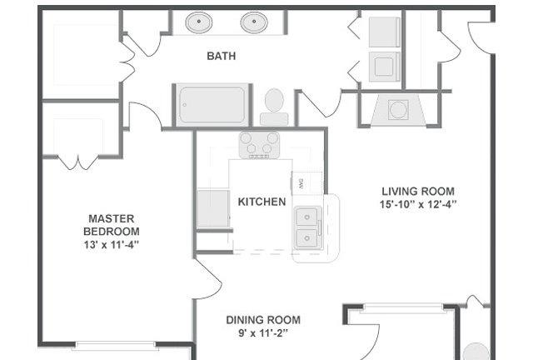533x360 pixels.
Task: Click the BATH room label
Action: [x=222, y=56]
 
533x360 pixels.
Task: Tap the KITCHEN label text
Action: [x=262, y=202]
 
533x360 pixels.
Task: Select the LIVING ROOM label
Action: [x=418, y=191]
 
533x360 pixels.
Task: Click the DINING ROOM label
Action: [x=263, y=320]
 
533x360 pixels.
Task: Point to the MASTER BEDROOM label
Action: [x=112, y=225]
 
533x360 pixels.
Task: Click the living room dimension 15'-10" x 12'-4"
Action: [x=418, y=205]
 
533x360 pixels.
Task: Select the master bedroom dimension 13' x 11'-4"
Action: [x=112, y=245]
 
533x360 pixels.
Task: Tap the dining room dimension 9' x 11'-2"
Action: [x=263, y=333]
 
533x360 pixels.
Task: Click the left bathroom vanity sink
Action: [x=199, y=22]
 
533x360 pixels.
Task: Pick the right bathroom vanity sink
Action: [x=254, y=22]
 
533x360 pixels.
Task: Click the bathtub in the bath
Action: [x=212, y=105]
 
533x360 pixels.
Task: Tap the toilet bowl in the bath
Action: [x=274, y=100]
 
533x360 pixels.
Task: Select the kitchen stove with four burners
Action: [x=259, y=145]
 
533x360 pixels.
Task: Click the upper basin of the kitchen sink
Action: [x=307, y=217]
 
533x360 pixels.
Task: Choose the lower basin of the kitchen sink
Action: [x=307, y=238]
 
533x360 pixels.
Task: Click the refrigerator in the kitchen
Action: [x=213, y=208]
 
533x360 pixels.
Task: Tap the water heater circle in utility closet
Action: [x=398, y=109]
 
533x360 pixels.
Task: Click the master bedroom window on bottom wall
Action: [x=115, y=345]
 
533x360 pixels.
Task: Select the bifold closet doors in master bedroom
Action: [x=78, y=162]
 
